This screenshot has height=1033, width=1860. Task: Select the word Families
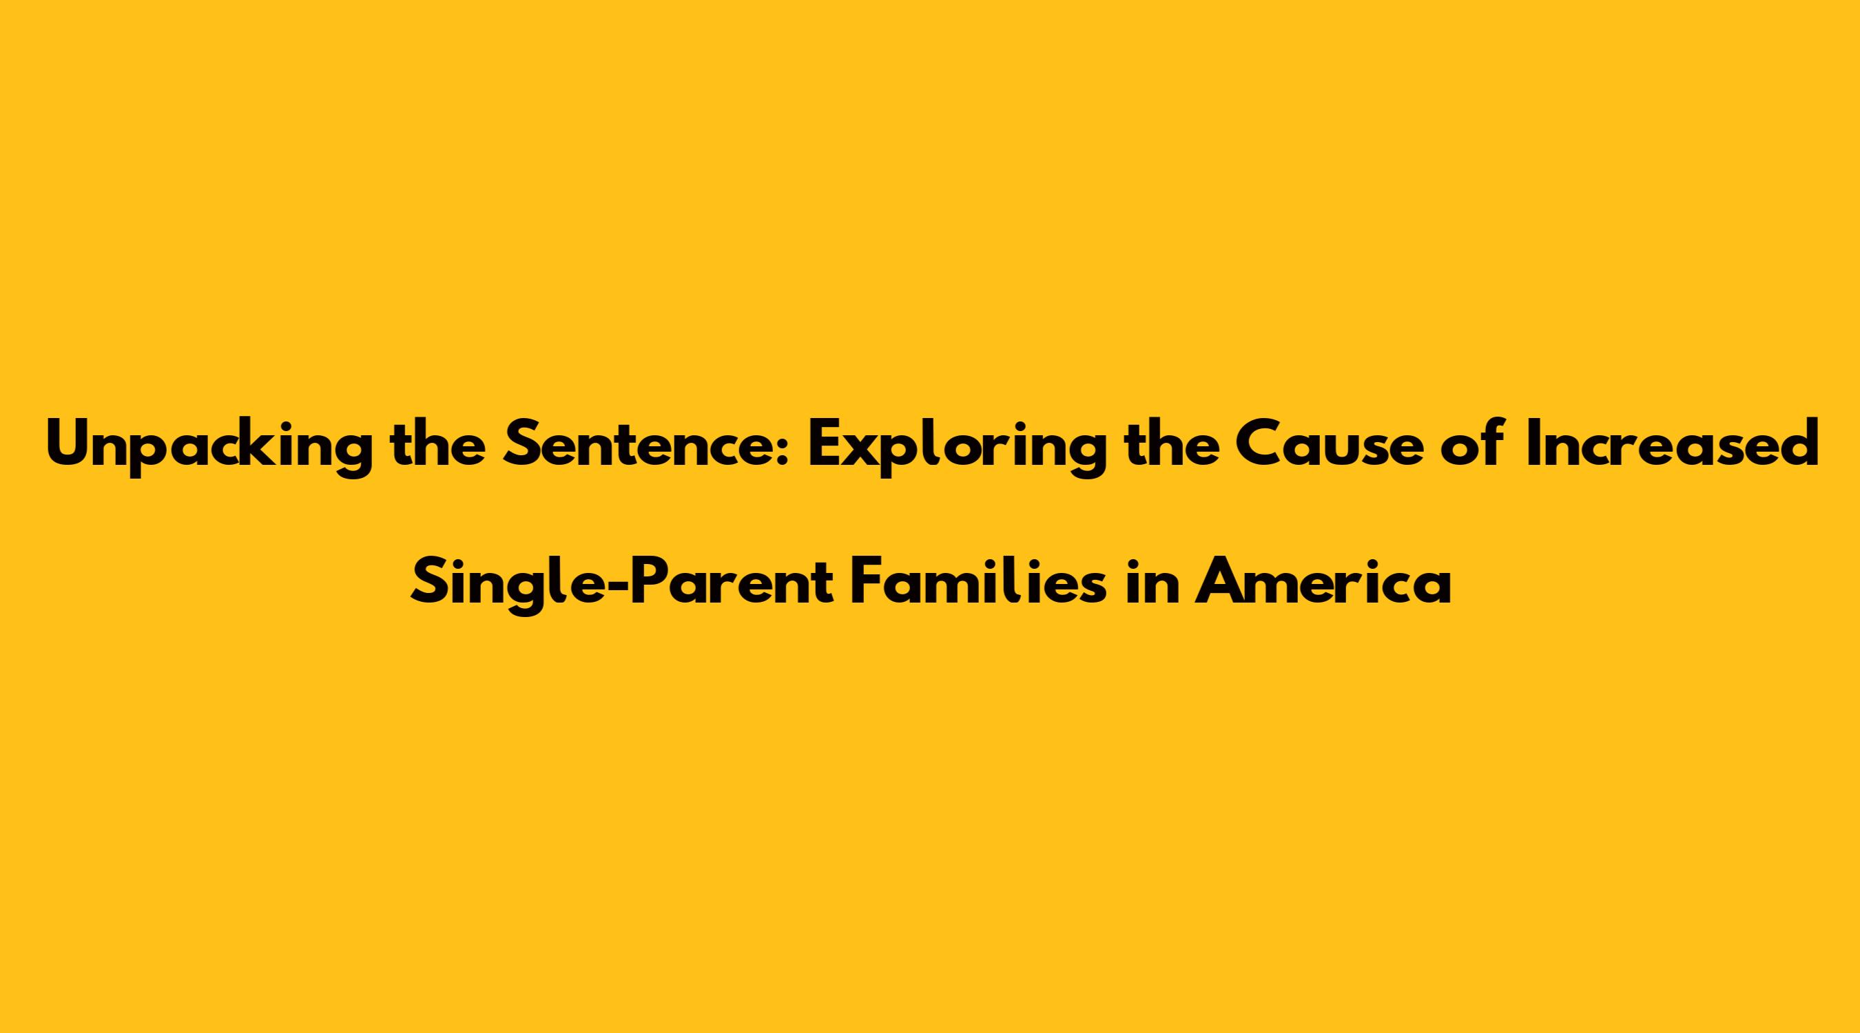pos(978,583)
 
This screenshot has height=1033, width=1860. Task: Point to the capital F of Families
pos(867,584)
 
